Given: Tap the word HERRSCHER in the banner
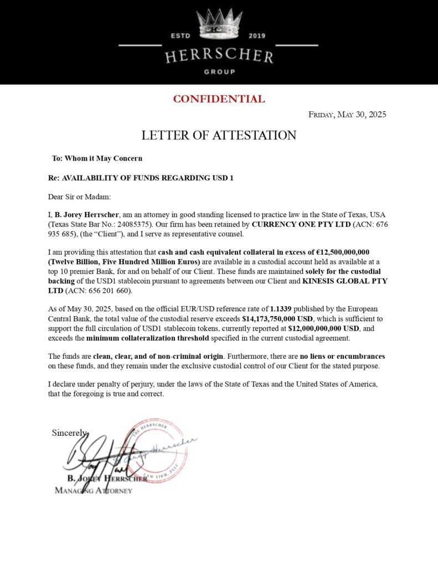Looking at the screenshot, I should [x=219, y=56].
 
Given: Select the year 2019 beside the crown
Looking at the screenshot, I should [x=257, y=36].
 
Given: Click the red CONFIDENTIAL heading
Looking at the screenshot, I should [x=219, y=99].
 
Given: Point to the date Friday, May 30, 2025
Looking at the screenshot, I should [x=347, y=115].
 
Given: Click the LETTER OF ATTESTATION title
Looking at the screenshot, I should [x=219, y=135].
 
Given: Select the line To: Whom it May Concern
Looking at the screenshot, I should [x=97, y=158].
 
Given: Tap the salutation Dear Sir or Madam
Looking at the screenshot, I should [x=79, y=197].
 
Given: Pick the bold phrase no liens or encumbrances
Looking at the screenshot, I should [x=340, y=355].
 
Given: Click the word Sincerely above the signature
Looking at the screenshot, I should [x=70, y=432].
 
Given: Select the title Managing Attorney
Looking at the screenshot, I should [x=94, y=491].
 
